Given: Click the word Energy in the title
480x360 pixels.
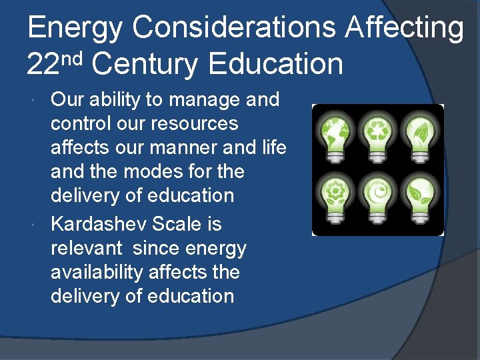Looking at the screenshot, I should [x=75, y=28].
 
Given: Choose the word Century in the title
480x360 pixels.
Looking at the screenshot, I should [x=146, y=65].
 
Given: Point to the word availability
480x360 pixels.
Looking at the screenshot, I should [x=97, y=273].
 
